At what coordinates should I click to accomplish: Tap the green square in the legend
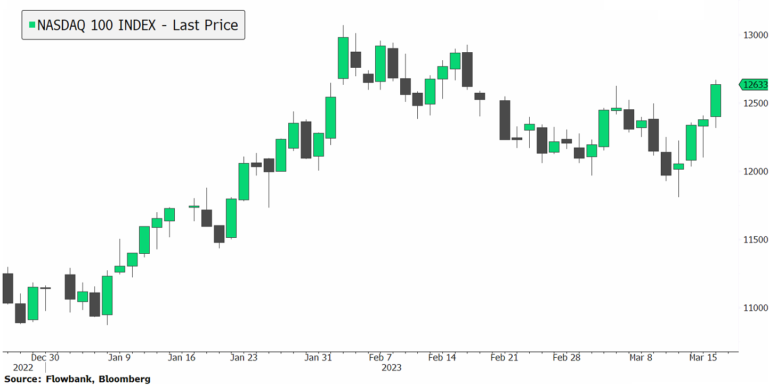point(33,25)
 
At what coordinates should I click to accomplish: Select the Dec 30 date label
point(45,357)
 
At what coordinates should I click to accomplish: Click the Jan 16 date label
point(182,357)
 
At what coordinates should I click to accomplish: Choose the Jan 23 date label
point(244,357)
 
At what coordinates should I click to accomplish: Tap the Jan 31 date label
point(319,357)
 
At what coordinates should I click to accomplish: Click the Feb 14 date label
point(442,357)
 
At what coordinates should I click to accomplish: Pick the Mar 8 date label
point(640,357)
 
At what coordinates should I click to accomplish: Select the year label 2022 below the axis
point(23,367)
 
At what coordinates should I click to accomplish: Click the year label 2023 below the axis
point(391,367)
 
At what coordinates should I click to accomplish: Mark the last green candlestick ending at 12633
point(716,100)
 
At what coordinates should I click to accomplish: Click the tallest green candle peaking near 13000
point(343,58)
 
